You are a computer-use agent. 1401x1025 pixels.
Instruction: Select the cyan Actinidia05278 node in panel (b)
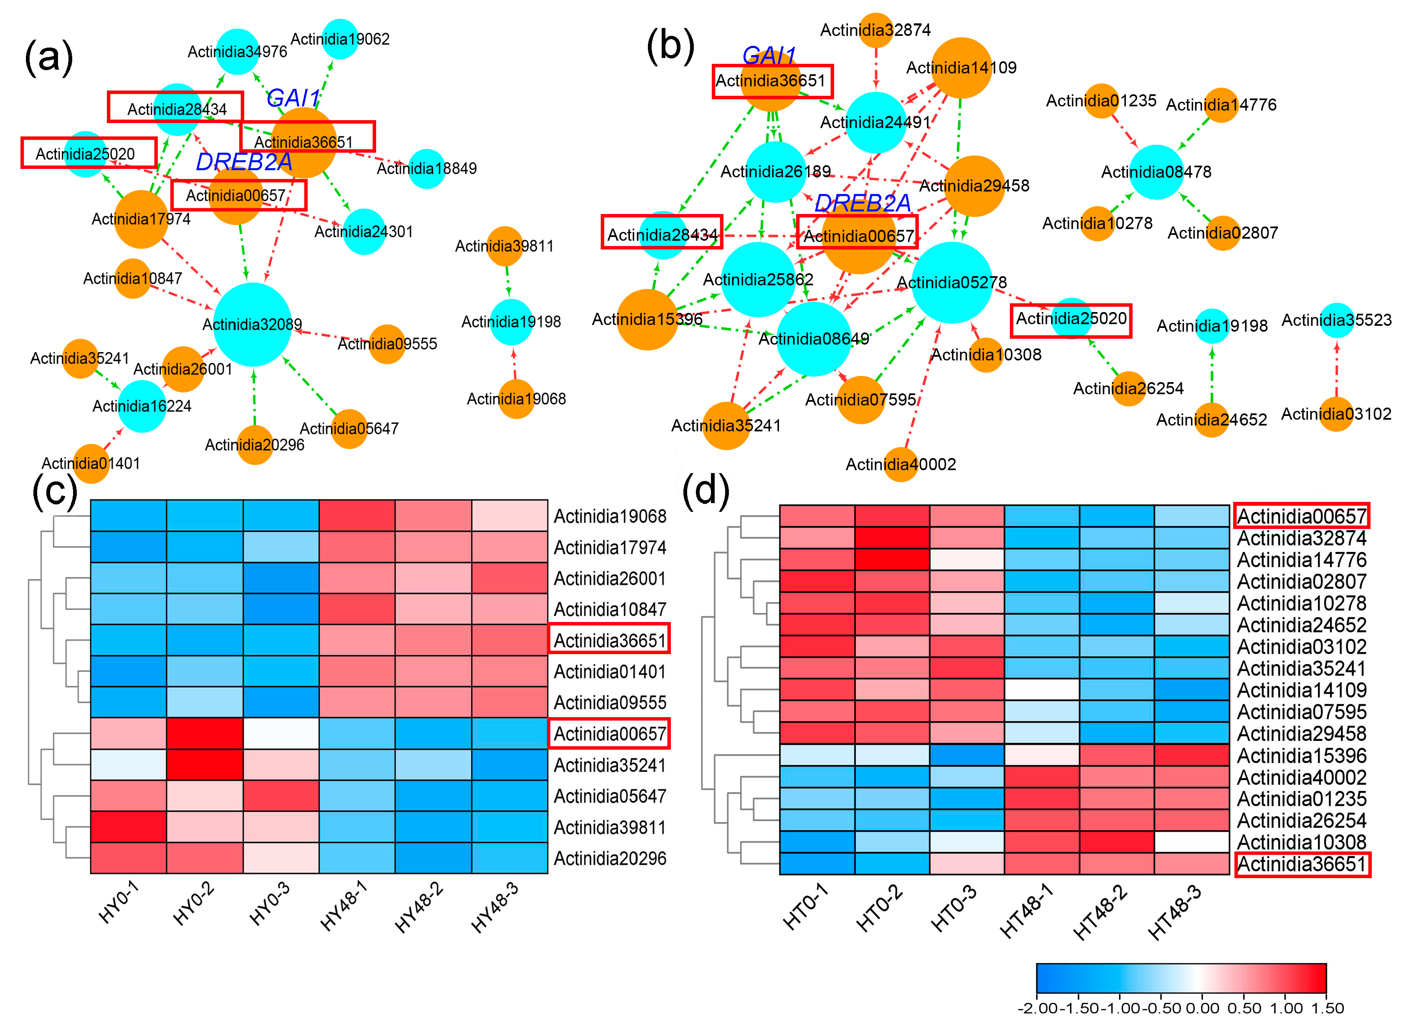(951, 282)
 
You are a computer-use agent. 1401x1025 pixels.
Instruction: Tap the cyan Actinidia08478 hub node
(1156, 172)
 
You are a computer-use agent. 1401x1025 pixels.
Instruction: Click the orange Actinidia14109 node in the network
(961, 68)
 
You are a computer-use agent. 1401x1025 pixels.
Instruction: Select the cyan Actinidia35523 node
(1336, 320)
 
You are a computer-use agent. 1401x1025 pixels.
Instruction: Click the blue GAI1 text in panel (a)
(293, 98)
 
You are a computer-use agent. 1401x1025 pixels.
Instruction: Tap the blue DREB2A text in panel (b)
(862, 202)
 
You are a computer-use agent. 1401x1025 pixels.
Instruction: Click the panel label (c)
(55, 491)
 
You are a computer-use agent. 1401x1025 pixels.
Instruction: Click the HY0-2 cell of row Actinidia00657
(204, 733)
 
